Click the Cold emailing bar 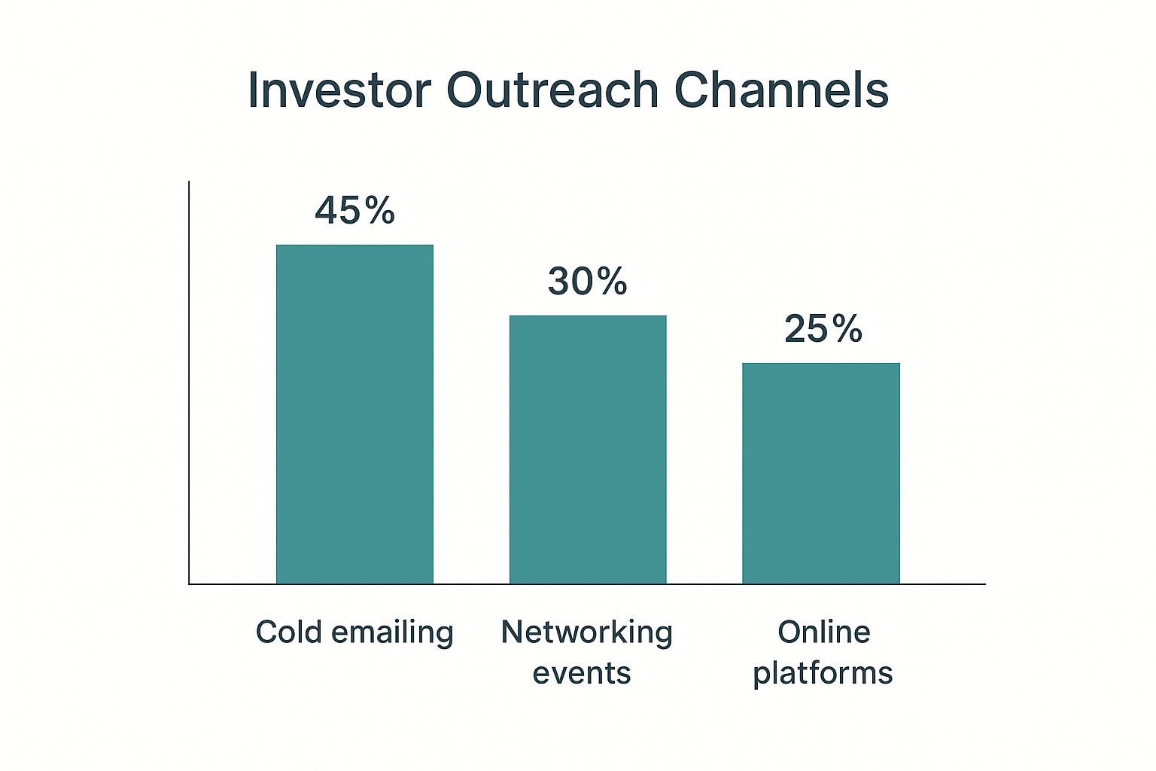click(354, 414)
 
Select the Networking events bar click(588, 449)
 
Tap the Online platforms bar click(821, 473)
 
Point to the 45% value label click(355, 211)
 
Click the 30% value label click(588, 282)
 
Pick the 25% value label click(823, 328)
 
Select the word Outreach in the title click(552, 90)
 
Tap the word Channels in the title click(781, 90)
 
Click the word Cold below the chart click(289, 632)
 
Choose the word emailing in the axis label click(392, 634)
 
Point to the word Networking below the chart click(587, 634)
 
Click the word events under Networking click(582, 674)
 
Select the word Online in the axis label click(824, 632)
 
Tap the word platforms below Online click(823, 674)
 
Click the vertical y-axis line click(189, 382)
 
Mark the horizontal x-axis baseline click(587, 584)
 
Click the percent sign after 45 click(379, 211)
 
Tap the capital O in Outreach click(466, 90)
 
